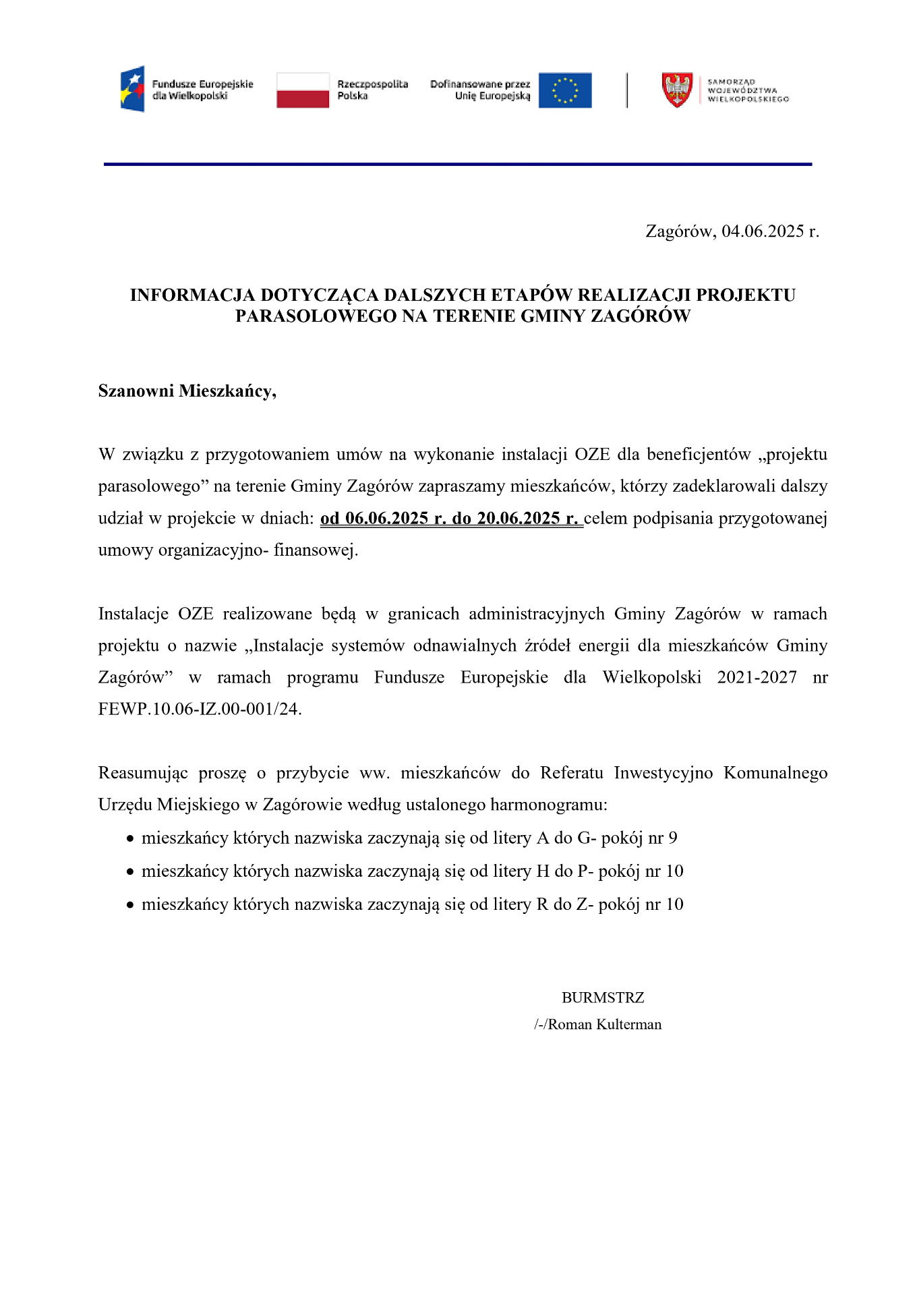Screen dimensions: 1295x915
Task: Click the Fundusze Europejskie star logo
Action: coord(133,89)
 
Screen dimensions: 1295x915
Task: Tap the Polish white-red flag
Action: coord(303,90)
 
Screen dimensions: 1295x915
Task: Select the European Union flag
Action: coord(564,90)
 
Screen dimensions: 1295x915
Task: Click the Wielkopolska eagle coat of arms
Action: coord(677,90)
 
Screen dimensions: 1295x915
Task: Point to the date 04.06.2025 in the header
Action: coord(763,231)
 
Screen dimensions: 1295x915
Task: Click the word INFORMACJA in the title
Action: coord(192,295)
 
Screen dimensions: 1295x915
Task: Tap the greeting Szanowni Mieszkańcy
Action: coord(187,391)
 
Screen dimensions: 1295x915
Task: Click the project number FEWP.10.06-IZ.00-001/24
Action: coord(200,709)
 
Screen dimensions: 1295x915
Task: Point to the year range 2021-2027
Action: coord(757,677)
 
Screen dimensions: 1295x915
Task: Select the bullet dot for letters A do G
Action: coord(130,839)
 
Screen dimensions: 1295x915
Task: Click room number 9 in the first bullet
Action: coord(672,838)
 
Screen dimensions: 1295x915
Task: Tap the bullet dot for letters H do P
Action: coord(130,872)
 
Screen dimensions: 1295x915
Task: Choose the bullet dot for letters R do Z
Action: coord(130,905)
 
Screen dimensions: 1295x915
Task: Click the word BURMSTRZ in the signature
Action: coord(603,998)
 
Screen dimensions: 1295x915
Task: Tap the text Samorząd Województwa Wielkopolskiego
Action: coord(748,90)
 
